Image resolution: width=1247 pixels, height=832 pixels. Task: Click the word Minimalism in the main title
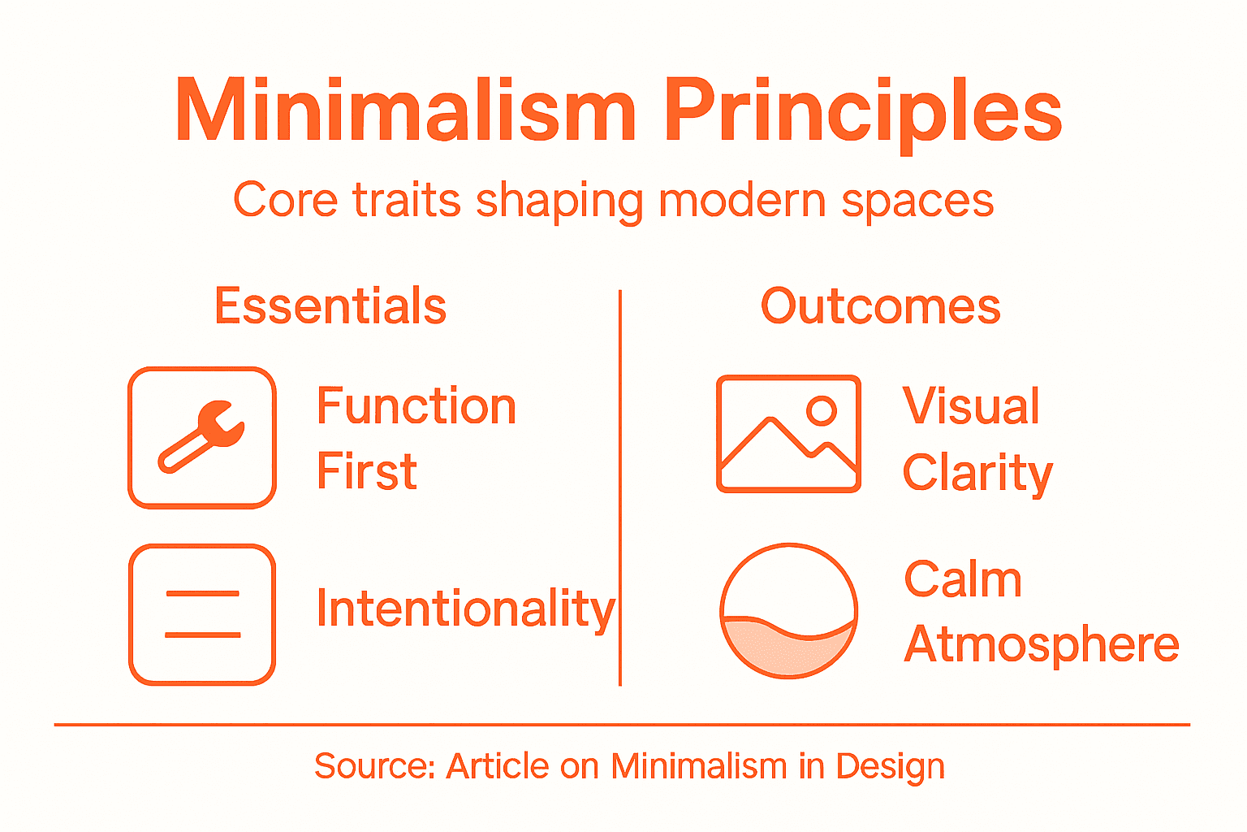(x=405, y=111)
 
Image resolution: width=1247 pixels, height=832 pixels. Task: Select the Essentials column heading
(x=330, y=306)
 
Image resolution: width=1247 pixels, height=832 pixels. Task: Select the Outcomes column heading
(x=880, y=306)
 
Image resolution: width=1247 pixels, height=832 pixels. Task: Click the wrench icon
(x=202, y=437)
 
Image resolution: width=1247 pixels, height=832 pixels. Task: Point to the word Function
(x=416, y=406)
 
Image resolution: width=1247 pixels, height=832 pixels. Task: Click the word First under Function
(x=367, y=471)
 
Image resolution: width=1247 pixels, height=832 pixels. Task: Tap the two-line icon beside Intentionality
(x=202, y=614)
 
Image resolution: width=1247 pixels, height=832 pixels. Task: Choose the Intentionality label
(x=466, y=609)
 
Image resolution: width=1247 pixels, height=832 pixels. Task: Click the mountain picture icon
(x=788, y=434)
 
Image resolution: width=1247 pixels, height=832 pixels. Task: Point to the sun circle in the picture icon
(x=822, y=410)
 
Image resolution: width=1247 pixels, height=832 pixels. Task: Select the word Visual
(x=971, y=406)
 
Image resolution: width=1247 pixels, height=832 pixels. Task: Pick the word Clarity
(x=977, y=473)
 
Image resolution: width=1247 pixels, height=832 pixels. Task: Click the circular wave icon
(x=788, y=611)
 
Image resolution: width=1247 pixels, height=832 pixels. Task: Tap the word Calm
(x=963, y=579)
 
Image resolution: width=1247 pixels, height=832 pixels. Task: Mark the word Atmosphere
(x=1041, y=644)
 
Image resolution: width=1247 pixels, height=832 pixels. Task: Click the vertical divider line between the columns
(x=620, y=487)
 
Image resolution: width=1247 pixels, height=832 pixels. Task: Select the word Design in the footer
(x=891, y=766)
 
